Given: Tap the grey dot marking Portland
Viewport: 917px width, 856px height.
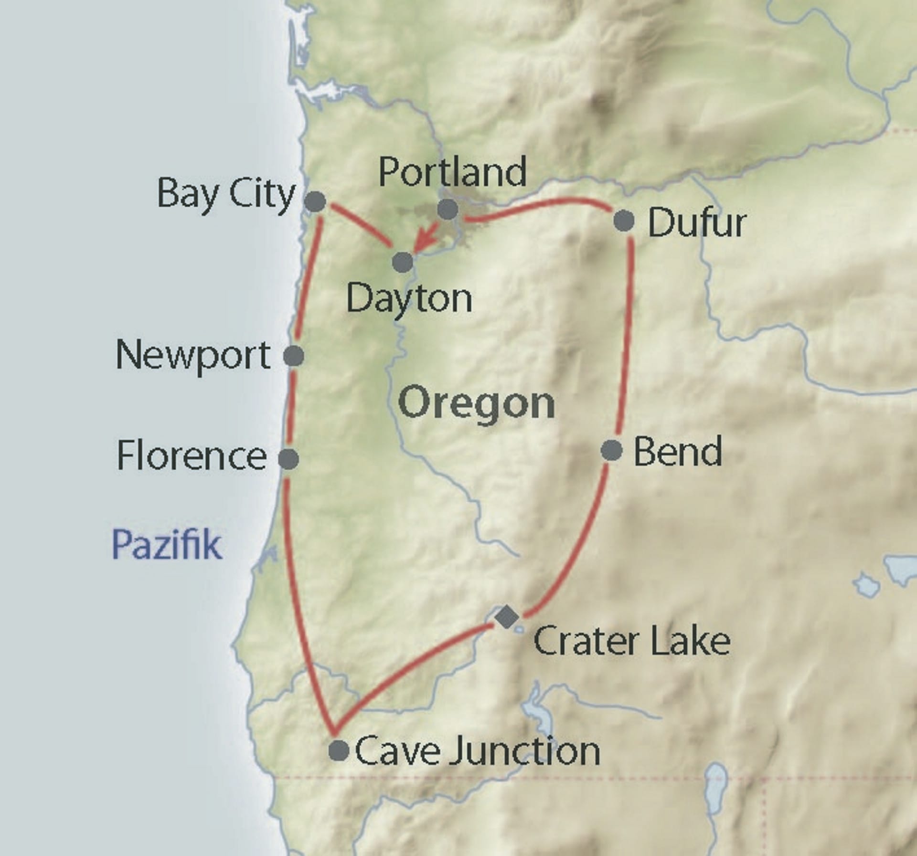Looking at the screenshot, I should pyautogui.click(x=448, y=209).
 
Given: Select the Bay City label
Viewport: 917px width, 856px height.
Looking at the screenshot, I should pyautogui.click(x=226, y=194).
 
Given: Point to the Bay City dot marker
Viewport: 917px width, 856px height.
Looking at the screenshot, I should pyautogui.click(x=315, y=201).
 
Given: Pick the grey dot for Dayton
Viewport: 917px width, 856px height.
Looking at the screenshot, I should pyautogui.click(x=403, y=262).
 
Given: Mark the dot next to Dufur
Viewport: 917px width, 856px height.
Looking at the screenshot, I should pyautogui.click(x=624, y=221).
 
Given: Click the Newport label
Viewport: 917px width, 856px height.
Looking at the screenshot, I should pyautogui.click(x=193, y=356).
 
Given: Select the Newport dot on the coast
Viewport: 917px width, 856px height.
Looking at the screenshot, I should pyautogui.click(x=293, y=356).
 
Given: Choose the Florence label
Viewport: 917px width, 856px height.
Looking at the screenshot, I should pyautogui.click(x=192, y=456).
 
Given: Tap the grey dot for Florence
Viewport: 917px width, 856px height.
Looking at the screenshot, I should pyautogui.click(x=288, y=459).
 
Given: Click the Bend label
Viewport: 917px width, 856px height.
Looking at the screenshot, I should pyautogui.click(x=677, y=452).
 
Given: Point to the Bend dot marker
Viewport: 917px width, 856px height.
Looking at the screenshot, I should pyautogui.click(x=612, y=450).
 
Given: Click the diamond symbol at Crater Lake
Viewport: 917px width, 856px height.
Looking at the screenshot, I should pyautogui.click(x=507, y=617).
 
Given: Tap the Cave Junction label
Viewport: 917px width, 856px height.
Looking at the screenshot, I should pyautogui.click(x=477, y=751).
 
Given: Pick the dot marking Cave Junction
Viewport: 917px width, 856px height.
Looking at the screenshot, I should pyautogui.click(x=339, y=750).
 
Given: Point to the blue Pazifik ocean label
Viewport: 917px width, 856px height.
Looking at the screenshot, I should pyautogui.click(x=167, y=544).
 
